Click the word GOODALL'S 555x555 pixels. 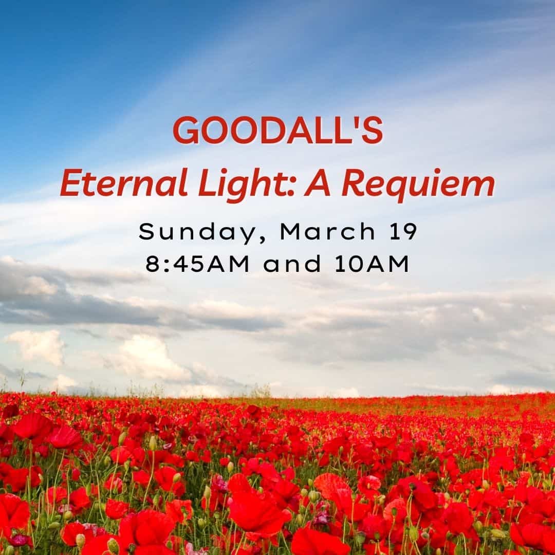coord(278,130)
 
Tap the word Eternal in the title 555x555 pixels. coord(124,183)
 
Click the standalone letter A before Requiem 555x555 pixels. coord(318,183)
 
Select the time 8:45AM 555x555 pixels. coord(197,264)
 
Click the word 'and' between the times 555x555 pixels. coord(292,264)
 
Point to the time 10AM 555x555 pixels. coord(372,264)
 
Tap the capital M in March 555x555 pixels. coord(291,232)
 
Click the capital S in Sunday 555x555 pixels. coord(146,232)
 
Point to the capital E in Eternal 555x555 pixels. coord(72,183)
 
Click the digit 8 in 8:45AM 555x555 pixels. coord(153,264)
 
